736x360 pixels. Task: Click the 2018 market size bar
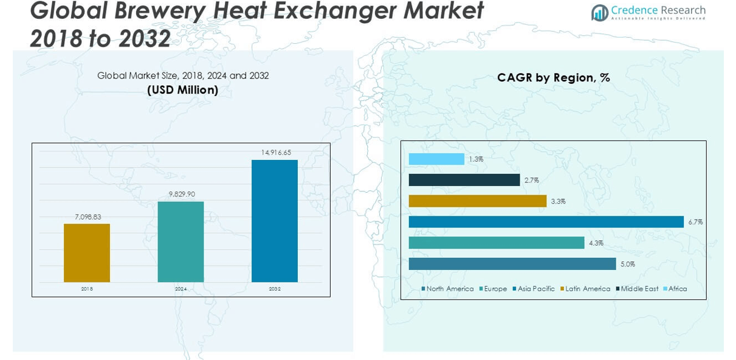click(x=87, y=253)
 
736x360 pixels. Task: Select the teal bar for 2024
click(x=181, y=241)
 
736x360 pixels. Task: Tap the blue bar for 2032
click(x=275, y=221)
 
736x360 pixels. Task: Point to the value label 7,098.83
click(x=87, y=216)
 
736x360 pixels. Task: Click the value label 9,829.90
click(x=181, y=194)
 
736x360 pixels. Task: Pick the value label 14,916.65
click(x=275, y=153)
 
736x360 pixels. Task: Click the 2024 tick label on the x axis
click(x=181, y=289)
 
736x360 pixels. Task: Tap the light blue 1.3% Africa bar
click(x=436, y=159)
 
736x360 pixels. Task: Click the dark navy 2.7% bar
click(x=464, y=180)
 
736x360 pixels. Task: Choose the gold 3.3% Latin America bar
click(x=478, y=201)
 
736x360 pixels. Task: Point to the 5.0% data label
click(x=628, y=264)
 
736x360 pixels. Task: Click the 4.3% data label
click(x=596, y=243)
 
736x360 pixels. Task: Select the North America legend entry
click(x=449, y=289)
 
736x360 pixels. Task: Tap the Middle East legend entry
click(x=639, y=289)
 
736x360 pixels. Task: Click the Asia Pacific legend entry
click(x=535, y=289)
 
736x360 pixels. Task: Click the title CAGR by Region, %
click(x=553, y=78)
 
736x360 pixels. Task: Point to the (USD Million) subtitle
click(x=183, y=90)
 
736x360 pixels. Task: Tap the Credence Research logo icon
click(x=600, y=12)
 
